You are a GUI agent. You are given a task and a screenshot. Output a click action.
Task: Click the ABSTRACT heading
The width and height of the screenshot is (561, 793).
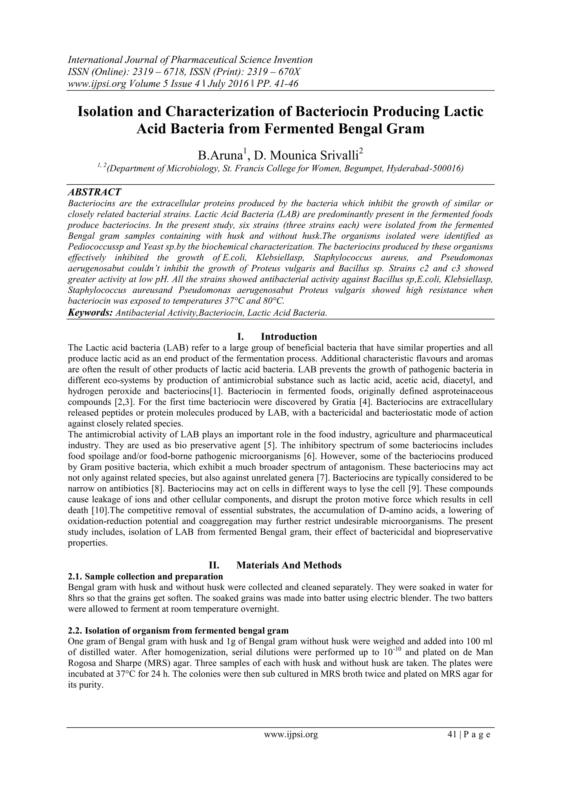click(x=94, y=192)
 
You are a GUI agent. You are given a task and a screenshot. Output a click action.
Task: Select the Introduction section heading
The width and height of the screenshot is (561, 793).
click(x=288, y=337)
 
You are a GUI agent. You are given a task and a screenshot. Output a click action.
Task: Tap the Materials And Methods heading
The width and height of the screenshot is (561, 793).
click(x=288, y=565)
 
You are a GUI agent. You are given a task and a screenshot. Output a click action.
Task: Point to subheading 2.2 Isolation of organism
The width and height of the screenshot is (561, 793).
click(x=178, y=631)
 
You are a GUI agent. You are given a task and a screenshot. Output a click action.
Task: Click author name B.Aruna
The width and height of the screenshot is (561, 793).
click(x=220, y=156)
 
